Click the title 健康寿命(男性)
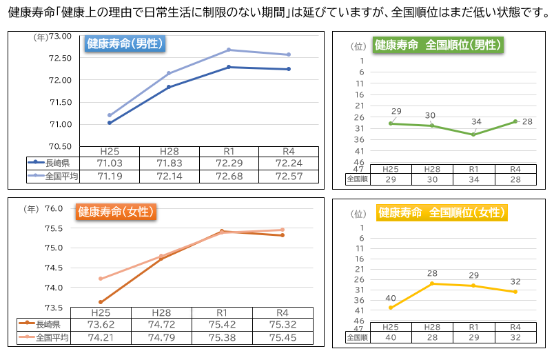click(125, 43)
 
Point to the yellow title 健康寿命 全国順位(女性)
click(441, 212)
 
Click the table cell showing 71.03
click(110, 163)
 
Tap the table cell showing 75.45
click(283, 338)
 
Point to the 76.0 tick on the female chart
click(54, 208)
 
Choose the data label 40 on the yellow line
click(391, 298)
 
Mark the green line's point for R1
click(473, 134)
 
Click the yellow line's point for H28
click(432, 283)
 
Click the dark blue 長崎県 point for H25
click(110, 123)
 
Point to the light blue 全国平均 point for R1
click(228, 50)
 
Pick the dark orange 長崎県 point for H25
click(101, 302)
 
